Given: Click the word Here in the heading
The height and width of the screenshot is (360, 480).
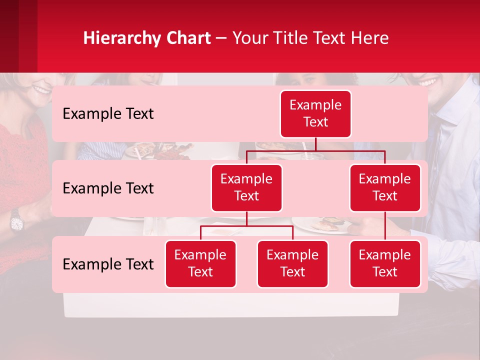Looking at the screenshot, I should pos(370,38).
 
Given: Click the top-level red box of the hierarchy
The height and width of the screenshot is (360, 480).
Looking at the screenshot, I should pos(315,114).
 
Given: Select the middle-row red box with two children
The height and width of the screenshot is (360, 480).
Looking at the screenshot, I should pos(246,188).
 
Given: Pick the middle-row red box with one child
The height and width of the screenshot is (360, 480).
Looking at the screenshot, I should pos(385,188).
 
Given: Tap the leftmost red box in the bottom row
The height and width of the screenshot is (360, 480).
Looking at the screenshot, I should pos(200,264).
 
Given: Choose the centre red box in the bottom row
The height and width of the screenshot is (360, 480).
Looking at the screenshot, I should pos(292,264).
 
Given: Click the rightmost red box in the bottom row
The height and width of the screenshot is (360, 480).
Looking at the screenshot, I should pos(385,264).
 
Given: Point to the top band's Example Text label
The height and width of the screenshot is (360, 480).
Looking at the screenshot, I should pos(108,114).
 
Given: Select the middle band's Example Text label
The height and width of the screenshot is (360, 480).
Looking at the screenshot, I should pos(108,188).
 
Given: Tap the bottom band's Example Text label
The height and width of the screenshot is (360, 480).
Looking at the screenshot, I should pos(108,264).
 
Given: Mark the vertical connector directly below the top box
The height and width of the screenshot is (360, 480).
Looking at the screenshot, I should pos(315,144).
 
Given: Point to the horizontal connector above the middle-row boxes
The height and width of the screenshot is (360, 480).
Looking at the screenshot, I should pos(315,150).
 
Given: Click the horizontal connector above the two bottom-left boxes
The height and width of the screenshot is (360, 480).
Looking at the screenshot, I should pos(246,226).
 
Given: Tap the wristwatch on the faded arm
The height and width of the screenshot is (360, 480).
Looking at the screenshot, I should pos(16,219).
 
